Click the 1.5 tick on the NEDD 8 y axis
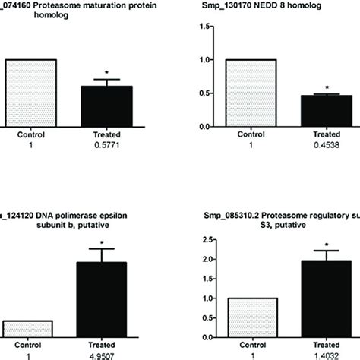pyautogui.click(x=204, y=27)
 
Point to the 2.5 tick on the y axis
pyautogui.click(x=204, y=240)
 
